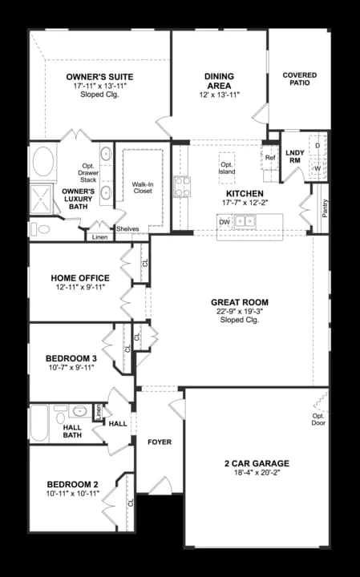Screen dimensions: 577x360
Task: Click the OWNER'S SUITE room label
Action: [x=99, y=77]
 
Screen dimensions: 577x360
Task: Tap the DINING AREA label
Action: [x=217, y=81]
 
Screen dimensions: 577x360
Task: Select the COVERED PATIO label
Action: [x=300, y=79]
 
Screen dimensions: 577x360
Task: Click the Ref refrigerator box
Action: [x=270, y=158]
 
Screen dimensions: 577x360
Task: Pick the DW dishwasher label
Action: [x=224, y=221]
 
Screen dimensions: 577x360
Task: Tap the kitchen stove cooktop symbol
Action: [x=183, y=187]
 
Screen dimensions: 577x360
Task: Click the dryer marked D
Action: [x=317, y=146]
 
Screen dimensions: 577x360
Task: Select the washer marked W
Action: [x=317, y=168]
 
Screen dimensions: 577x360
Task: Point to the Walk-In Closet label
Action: [x=142, y=188]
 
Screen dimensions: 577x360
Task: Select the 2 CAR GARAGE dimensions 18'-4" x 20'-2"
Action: [x=257, y=473]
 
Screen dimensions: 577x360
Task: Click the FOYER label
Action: [x=160, y=442]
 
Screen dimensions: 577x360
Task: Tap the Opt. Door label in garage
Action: [x=319, y=418]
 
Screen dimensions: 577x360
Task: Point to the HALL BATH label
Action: [x=72, y=432]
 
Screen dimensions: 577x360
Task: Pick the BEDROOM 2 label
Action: [x=72, y=484]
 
